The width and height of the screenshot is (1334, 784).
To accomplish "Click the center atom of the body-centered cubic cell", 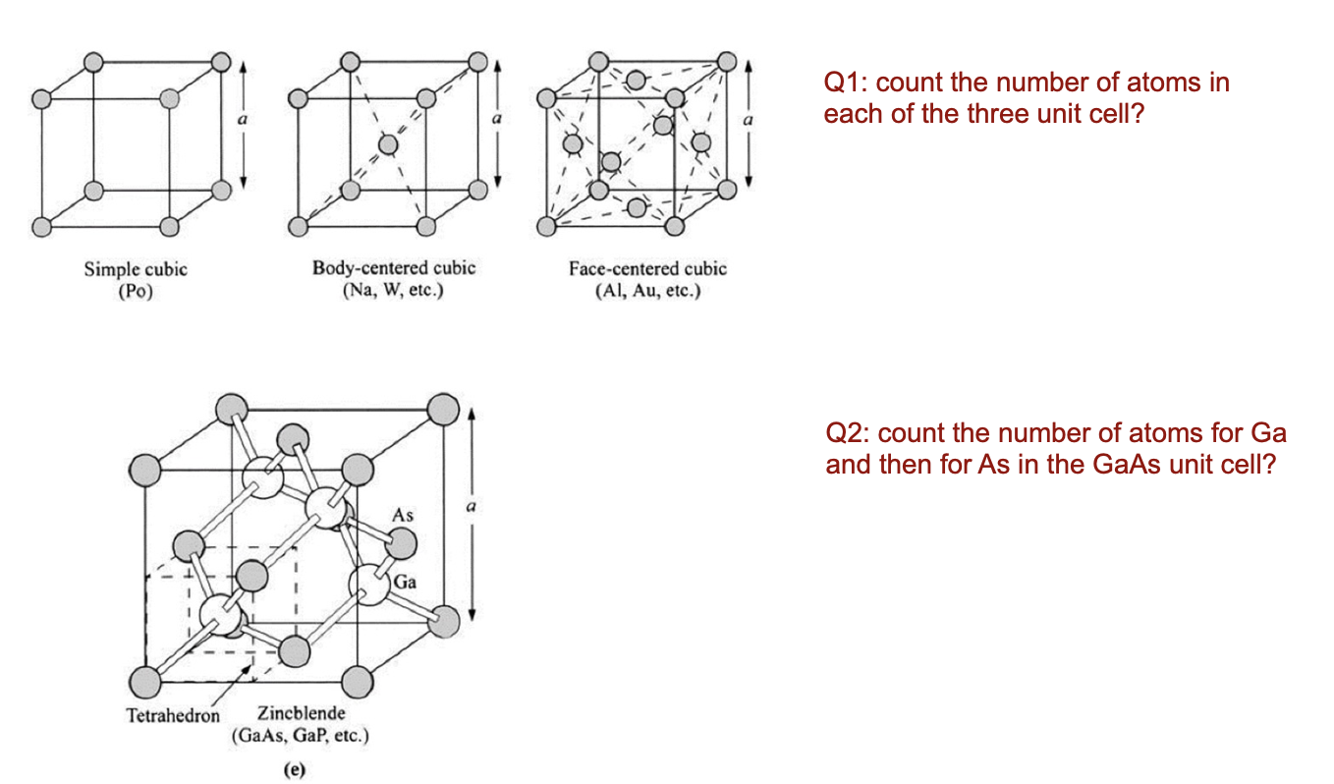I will pyautogui.click(x=388, y=145).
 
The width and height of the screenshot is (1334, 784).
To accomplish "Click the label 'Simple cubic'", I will pyautogui.click(x=136, y=269).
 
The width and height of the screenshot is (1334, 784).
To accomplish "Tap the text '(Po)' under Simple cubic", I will pyautogui.click(x=136, y=292).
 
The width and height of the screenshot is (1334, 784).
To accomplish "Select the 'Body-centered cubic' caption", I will pyautogui.click(x=394, y=268).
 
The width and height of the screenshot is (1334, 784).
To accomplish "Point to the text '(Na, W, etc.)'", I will pyautogui.click(x=394, y=292).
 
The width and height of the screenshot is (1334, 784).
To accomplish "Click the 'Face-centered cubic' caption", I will pyautogui.click(x=647, y=268).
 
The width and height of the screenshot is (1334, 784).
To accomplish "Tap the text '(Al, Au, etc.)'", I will pyautogui.click(x=647, y=292).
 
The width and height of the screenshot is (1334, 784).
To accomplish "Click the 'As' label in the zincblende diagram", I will pyautogui.click(x=403, y=515).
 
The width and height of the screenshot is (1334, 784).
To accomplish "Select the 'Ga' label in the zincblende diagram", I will pyautogui.click(x=405, y=583).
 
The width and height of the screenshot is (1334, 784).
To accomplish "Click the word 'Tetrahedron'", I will pyautogui.click(x=173, y=715).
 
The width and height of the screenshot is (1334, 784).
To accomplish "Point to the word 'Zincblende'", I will pyautogui.click(x=301, y=712).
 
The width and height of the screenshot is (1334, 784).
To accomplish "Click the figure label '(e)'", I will pyautogui.click(x=293, y=770).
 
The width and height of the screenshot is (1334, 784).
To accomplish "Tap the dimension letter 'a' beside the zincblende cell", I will pyautogui.click(x=471, y=507).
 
